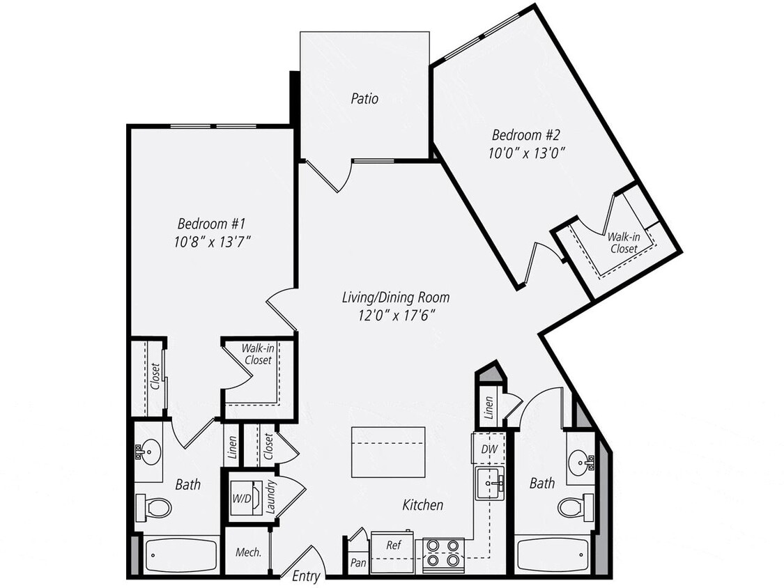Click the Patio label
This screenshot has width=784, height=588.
click(x=364, y=99)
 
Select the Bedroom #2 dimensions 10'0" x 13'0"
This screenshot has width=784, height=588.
click(x=526, y=152)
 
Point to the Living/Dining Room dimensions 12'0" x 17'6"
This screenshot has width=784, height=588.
click(x=395, y=314)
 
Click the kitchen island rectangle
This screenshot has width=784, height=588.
click(x=388, y=452)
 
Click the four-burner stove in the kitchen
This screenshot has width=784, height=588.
click(x=444, y=552)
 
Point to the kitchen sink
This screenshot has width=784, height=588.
click(x=491, y=483)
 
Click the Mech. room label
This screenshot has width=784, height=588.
click(x=249, y=552)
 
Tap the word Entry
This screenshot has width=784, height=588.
click(x=307, y=576)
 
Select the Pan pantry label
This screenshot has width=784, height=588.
click(x=358, y=562)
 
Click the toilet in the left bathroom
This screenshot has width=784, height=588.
click(x=155, y=507)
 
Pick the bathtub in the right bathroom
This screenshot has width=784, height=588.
click(x=553, y=555)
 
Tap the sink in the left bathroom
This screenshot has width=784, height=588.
click(x=148, y=452)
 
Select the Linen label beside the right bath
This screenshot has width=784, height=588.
click(x=489, y=407)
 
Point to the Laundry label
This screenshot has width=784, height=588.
click(x=271, y=497)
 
